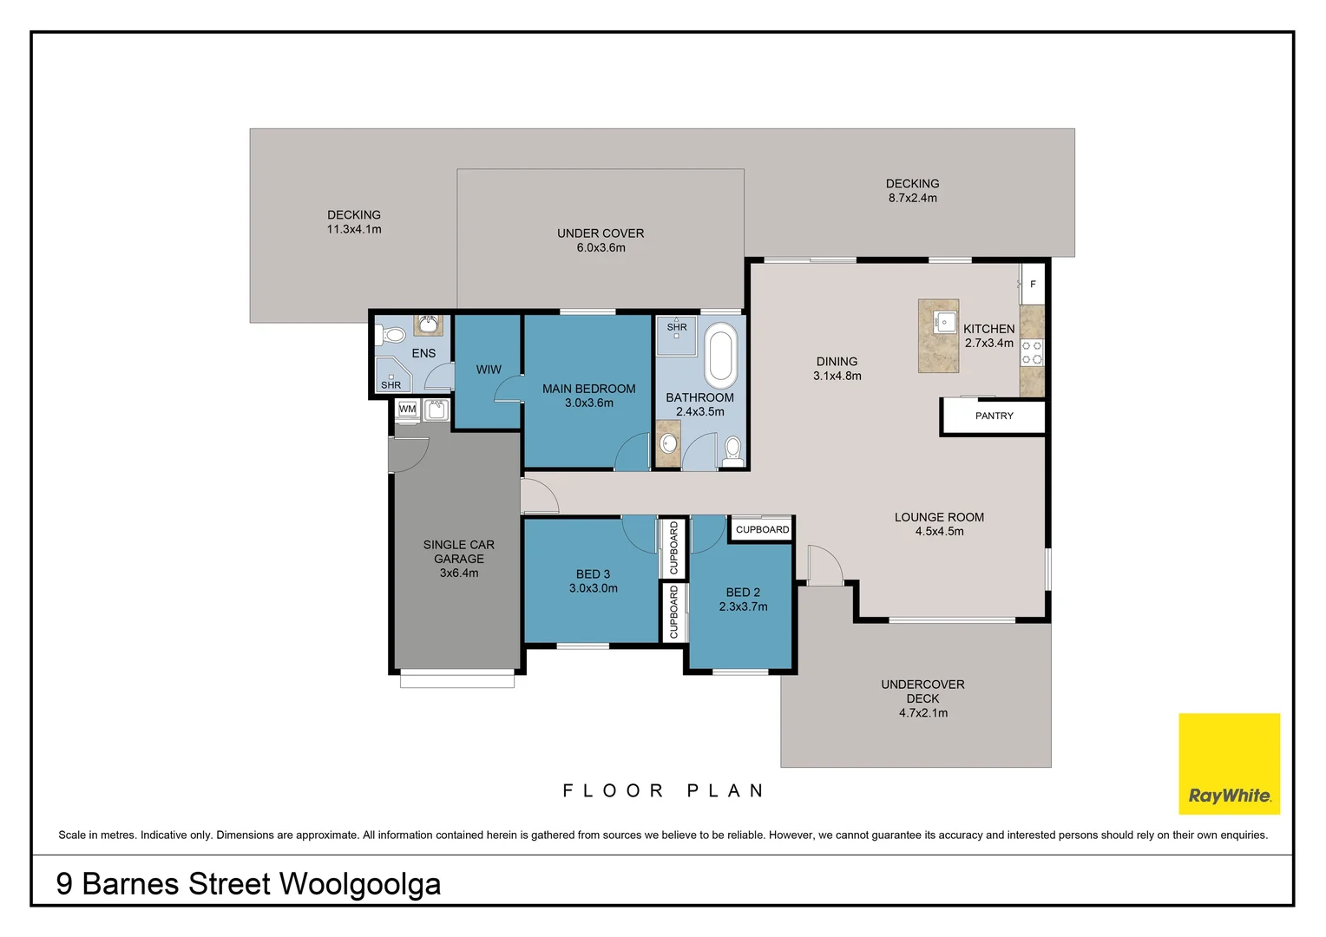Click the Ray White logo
click(x=1229, y=763)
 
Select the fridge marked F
click(x=1033, y=284)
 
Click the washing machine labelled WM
click(x=407, y=410)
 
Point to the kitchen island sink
click(x=944, y=323)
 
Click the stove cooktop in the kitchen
click(x=1032, y=352)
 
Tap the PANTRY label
click(x=994, y=416)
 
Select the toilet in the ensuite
click(x=391, y=336)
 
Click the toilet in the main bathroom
click(x=732, y=452)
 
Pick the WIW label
click(x=489, y=370)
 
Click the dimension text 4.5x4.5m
click(x=939, y=531)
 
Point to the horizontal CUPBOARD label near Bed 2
click(x=763, y=529)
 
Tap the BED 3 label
click(x=593, y=573)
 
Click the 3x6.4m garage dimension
click(x=459, y=573)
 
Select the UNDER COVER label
click(x=601, y=233)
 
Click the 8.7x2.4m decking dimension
click(x=912, y=198)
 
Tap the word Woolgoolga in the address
click(x=360, y=884)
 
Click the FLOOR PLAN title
click(x=664, y=790)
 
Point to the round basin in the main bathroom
click(x=669, y=443)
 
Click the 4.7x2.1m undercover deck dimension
click(x=922, y=712)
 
